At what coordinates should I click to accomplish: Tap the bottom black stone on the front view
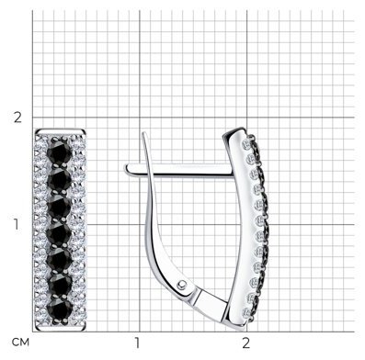coord(60,310)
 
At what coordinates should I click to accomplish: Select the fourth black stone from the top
coord(59,234)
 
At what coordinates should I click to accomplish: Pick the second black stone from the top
coord(60,180)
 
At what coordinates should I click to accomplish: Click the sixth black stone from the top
coord(60,287)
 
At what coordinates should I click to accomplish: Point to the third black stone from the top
coord(60,207)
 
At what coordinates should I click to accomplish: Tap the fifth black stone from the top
coord(59,260)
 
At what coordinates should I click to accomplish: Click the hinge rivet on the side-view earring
coord(182,285)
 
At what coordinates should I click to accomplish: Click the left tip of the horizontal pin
coord(126,169)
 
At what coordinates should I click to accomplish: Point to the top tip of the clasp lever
coord(143,133)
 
